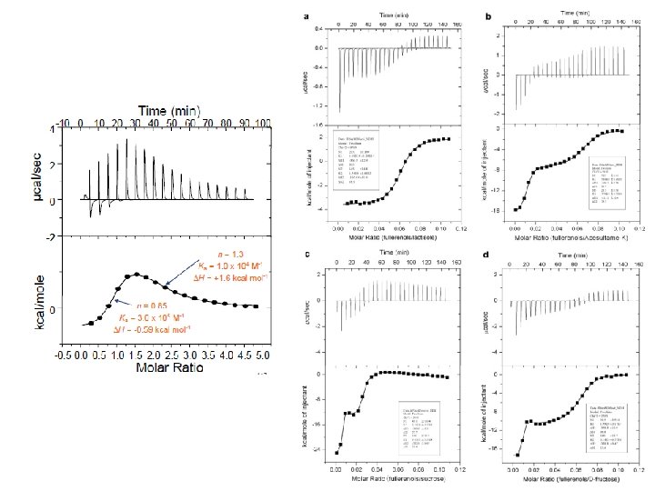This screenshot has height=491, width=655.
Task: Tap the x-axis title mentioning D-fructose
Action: [573, 479]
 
